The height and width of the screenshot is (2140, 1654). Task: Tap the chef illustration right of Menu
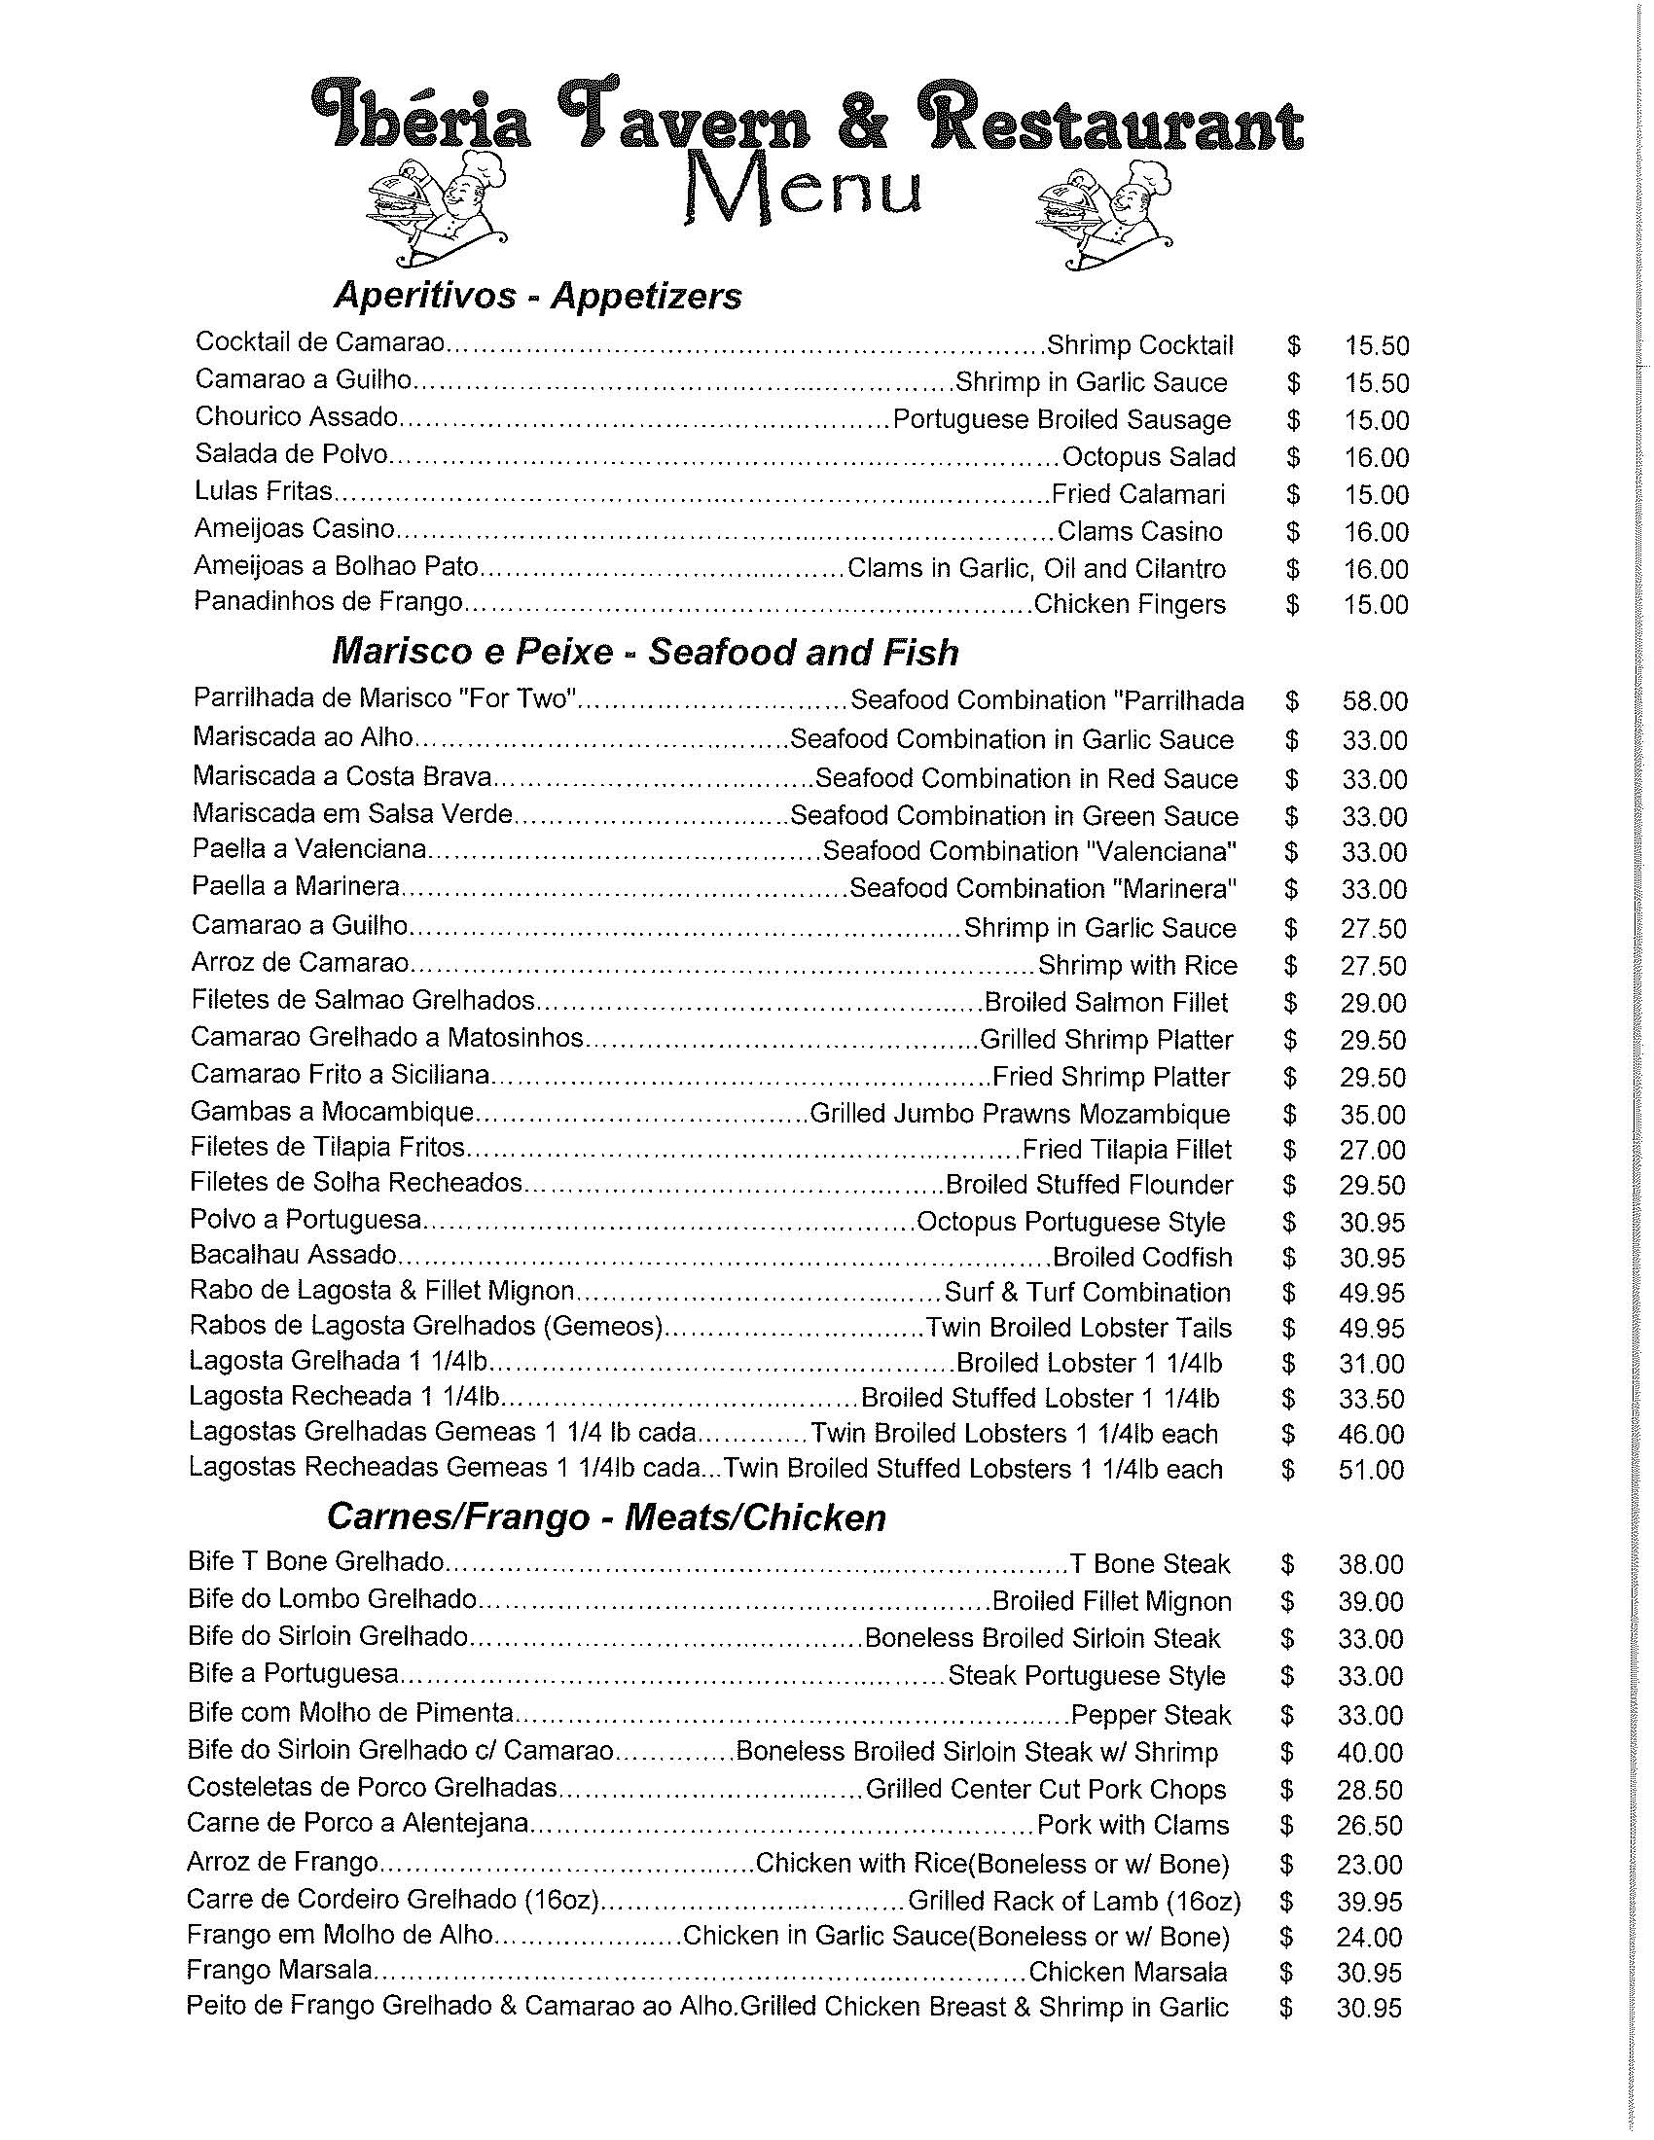coord(1103,216)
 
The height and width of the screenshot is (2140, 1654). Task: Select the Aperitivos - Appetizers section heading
coord(538,295)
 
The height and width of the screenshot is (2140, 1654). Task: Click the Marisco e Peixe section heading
coord(645,653)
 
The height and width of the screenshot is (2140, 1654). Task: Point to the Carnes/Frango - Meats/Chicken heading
coord(605,1516)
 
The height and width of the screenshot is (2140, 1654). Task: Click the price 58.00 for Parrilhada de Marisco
coord(1375,701)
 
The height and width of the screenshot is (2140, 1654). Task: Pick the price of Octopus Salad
coord(1377,458)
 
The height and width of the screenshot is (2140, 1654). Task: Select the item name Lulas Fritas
coord(264,491)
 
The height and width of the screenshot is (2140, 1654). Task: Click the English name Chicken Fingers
coord(1129,605)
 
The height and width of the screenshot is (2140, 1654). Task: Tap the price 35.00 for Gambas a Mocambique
coord(1373,1115)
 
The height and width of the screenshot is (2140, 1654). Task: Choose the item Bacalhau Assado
coord(293,1255)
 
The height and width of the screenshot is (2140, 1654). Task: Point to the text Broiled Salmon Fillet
coord(1105,1002)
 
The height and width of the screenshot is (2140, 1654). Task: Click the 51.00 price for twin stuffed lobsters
coord(1371,1470)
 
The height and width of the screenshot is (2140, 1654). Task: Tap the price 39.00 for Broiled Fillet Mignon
coord(1371,1602)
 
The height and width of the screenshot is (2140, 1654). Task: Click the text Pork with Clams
coord(1133,1826)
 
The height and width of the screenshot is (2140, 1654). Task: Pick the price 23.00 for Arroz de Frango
coord(1370,1865)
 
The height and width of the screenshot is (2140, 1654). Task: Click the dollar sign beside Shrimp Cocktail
coord(1294,346)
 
